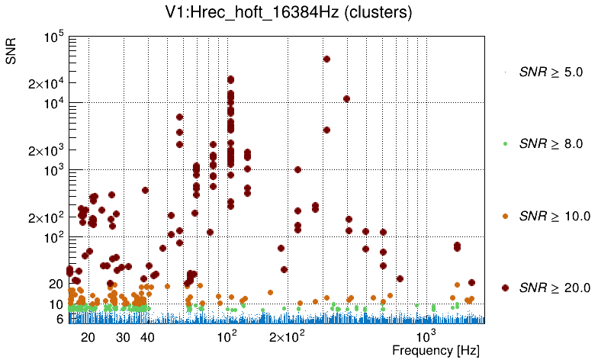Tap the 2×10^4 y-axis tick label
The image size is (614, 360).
click(x=48, y=84)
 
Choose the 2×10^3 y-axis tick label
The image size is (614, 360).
click(x=48, y=150)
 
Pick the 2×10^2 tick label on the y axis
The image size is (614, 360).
click(x=48, y=217)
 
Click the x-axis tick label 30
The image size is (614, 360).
click(x=123, y=337)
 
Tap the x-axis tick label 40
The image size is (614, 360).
click(x=148, y=337)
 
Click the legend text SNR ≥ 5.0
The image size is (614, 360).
click(x=551, y=72)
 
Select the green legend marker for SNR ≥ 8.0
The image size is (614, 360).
click(x=506, y=144)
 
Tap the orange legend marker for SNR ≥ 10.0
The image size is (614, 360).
click(x=506, y=216)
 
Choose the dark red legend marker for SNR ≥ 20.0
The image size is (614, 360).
click(x=506, y=288)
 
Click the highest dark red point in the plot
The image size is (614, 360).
click(x=326, y=59)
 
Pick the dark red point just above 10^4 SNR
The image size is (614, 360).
click(x=346, y=98)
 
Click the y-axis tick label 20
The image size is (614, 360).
click(x=56, y=284)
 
